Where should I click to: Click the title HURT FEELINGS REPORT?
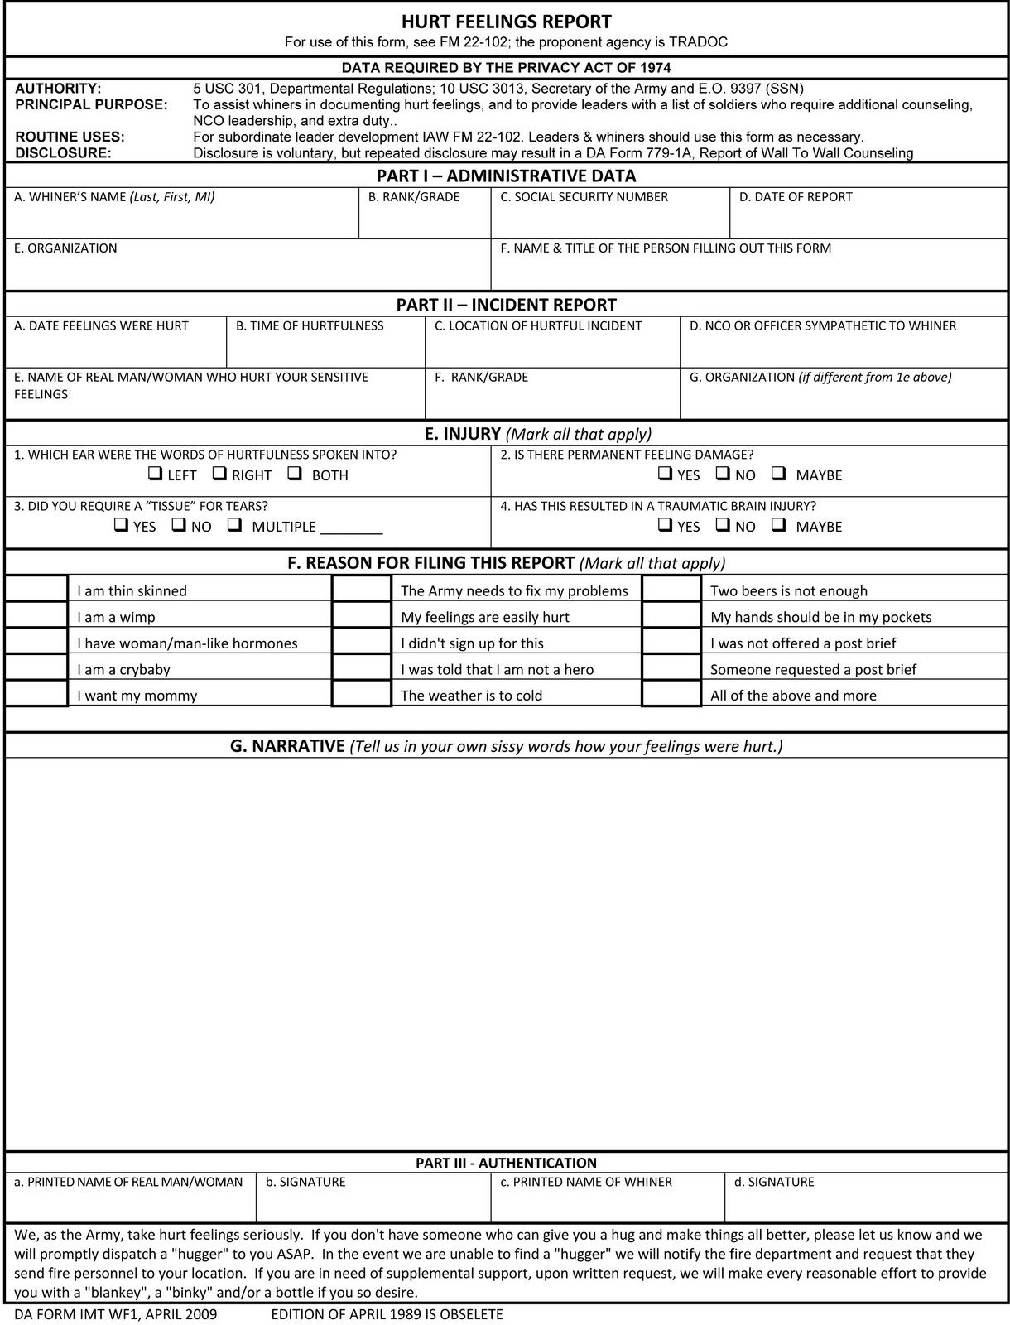(x=506, y=22)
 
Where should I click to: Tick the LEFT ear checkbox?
(x=154, y=475)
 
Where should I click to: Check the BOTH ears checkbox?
(x=295, y=475)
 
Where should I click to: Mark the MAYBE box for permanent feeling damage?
(x=778, y=475)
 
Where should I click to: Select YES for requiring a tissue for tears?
(x=121, y=525)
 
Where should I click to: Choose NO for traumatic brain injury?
(x=723, y=525)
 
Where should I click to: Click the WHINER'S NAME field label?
(x=114, y=197)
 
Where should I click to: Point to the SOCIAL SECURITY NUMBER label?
(x=584, y=197)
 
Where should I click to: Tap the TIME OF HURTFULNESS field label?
(x=310, y=326)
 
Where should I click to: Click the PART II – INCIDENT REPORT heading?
(x=506, y=305)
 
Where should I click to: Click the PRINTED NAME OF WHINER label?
(x=585, y=1182)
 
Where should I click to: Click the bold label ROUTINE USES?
(x=70, y=137)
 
